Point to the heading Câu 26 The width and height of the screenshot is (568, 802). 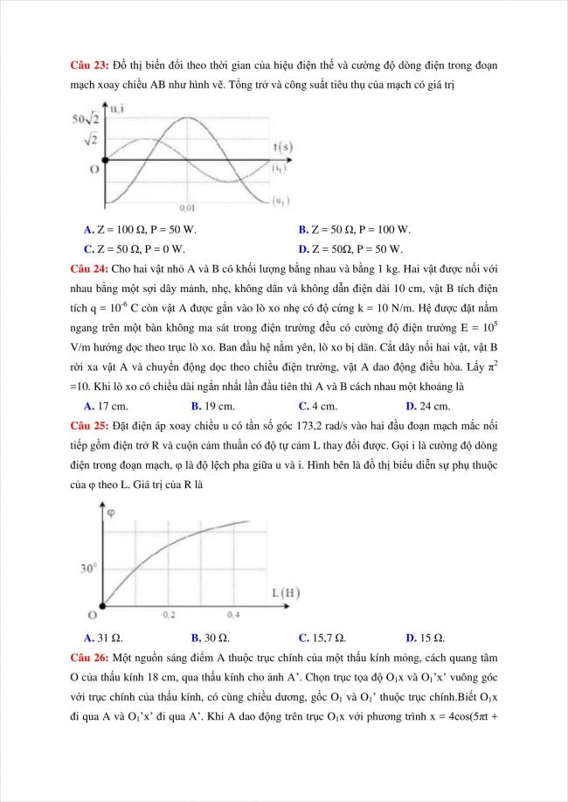[88, 656]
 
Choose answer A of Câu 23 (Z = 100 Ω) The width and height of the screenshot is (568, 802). [140, 230]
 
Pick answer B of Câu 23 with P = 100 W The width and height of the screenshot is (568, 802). [353, 230]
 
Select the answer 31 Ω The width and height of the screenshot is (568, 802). [102, 637]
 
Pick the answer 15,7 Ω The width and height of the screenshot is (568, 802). [324, 637]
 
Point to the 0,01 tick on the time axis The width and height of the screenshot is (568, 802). [187, 208]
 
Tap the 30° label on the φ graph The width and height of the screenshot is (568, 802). [87, 568]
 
